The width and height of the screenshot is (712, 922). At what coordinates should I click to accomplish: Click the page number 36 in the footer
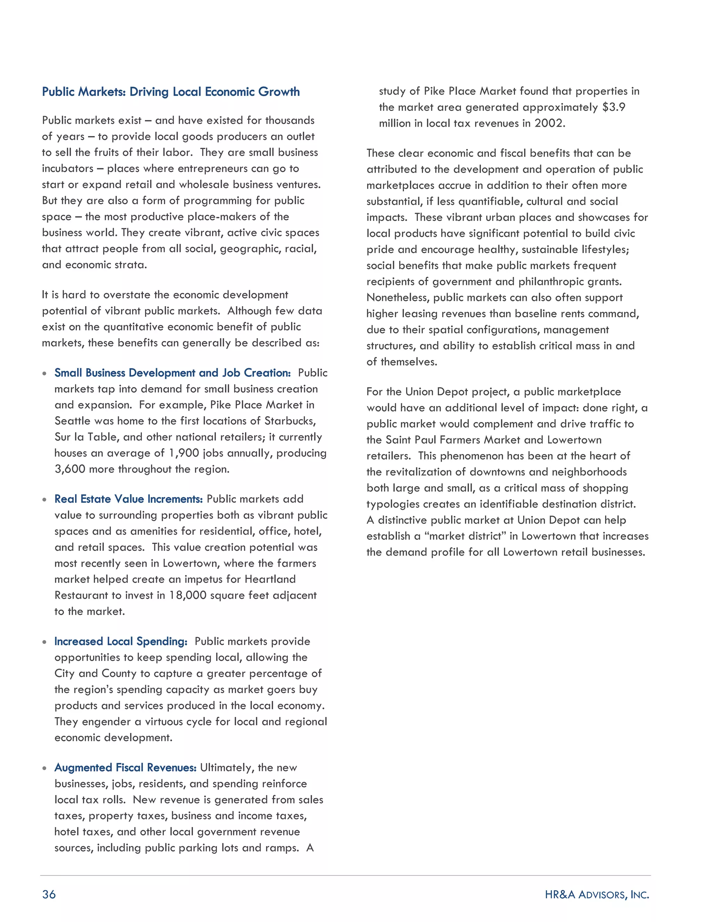(x=49, y=894)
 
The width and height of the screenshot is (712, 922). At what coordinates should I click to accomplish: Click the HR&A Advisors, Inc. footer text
(x=597, y=894)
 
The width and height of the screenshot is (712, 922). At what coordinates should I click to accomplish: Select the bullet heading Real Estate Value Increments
(x=128, y=499)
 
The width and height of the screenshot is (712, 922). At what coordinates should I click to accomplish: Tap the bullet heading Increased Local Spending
(x=121, y=641)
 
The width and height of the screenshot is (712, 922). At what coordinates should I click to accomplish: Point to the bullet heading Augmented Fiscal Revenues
(x=125, y=768)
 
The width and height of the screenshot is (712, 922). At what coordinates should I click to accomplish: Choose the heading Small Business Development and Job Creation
(x=172, y=373)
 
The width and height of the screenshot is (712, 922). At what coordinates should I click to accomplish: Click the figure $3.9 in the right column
(x=614, y=107)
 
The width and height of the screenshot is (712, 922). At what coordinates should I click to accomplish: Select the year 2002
(x=548, y=123)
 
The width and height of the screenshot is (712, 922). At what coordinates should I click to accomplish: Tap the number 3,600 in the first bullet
(x=70, y=469)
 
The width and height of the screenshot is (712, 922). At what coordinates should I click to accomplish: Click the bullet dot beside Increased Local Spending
(x=44, y=642)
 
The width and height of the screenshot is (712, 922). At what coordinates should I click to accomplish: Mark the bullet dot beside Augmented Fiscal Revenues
(x=44, y=768)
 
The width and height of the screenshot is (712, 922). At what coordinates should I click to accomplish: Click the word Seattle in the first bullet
(x=73, y=421)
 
